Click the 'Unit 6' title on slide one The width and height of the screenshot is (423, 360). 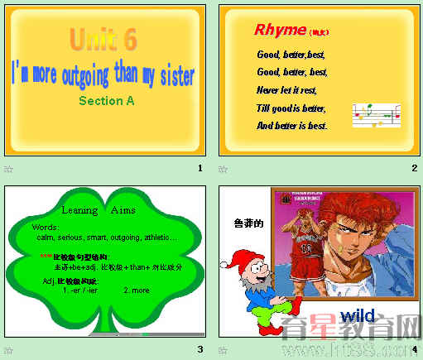103,39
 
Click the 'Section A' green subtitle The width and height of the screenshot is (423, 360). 106,101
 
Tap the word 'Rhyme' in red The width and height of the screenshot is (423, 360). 280,31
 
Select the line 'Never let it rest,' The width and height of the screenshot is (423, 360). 286,90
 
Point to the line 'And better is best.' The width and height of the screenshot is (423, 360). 292,126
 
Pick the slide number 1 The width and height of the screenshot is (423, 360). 199,169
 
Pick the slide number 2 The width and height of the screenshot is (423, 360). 414,169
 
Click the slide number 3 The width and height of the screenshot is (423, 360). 199,348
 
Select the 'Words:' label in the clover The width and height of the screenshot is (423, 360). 46,227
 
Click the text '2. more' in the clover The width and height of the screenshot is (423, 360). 137,290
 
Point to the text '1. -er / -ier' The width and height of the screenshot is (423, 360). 80,290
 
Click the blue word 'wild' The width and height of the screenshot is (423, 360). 357,316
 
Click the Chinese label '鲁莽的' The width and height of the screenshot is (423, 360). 248,223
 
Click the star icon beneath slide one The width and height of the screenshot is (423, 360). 8,169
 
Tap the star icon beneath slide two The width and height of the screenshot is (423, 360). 223,169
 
